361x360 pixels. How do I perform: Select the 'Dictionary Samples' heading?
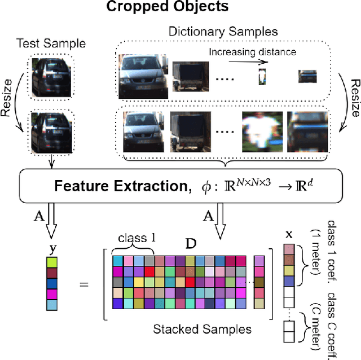pyautogui.click(x=224, y=32)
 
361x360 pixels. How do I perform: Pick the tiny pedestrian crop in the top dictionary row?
pyautogui.click(x=262, y=76)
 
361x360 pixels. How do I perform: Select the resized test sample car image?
pyautogui.click(x=50, y=133)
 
